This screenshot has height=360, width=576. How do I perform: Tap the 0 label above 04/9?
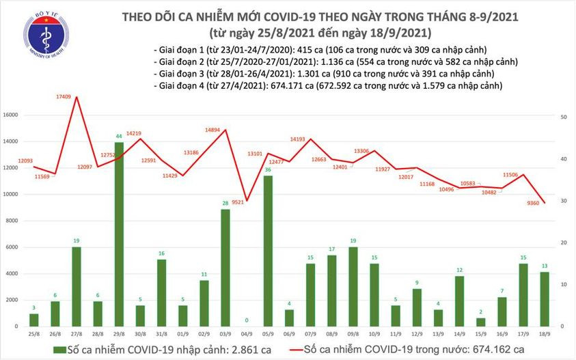pos(247,319)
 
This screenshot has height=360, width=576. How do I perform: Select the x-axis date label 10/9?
pos(374,335)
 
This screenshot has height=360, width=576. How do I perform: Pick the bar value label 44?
pos(119,137)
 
